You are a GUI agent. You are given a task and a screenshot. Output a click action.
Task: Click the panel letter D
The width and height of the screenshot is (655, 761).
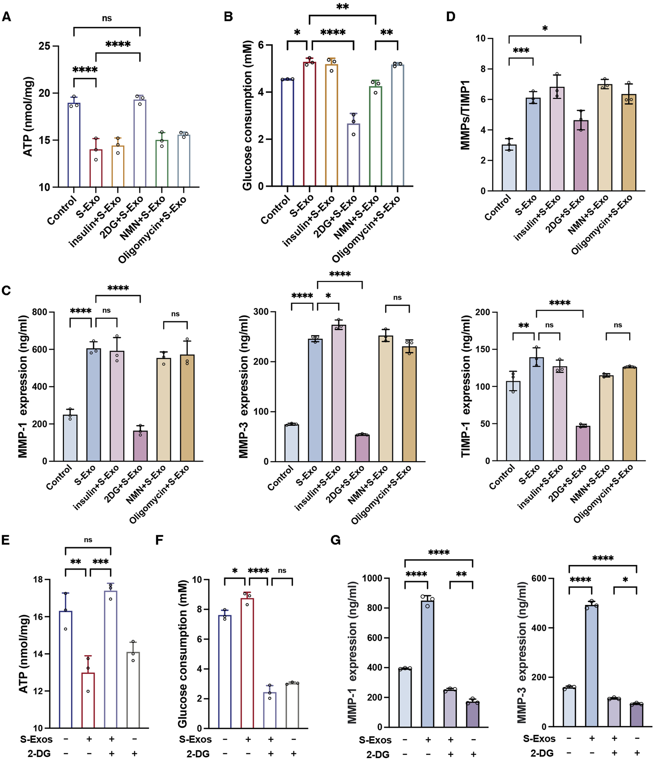(451, 17)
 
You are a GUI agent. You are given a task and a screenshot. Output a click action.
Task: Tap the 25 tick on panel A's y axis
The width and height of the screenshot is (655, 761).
(44, 46)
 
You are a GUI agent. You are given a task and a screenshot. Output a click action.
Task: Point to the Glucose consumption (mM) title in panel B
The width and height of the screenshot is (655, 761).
(247, 115)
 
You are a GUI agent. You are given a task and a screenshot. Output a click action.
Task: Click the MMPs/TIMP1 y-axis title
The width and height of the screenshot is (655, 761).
(465, 115)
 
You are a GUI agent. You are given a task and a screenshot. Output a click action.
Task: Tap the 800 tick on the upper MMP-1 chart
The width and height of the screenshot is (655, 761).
(40, 312)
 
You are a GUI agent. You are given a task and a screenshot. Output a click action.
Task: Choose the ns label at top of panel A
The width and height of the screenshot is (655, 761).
(107, 18)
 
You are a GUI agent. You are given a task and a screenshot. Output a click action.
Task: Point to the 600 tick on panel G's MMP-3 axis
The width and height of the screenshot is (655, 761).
(539, 578)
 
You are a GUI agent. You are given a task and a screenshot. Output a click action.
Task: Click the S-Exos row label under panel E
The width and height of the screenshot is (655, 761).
(36, 739)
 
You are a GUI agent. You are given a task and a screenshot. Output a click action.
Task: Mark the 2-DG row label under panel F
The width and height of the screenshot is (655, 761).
(198, 754)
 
